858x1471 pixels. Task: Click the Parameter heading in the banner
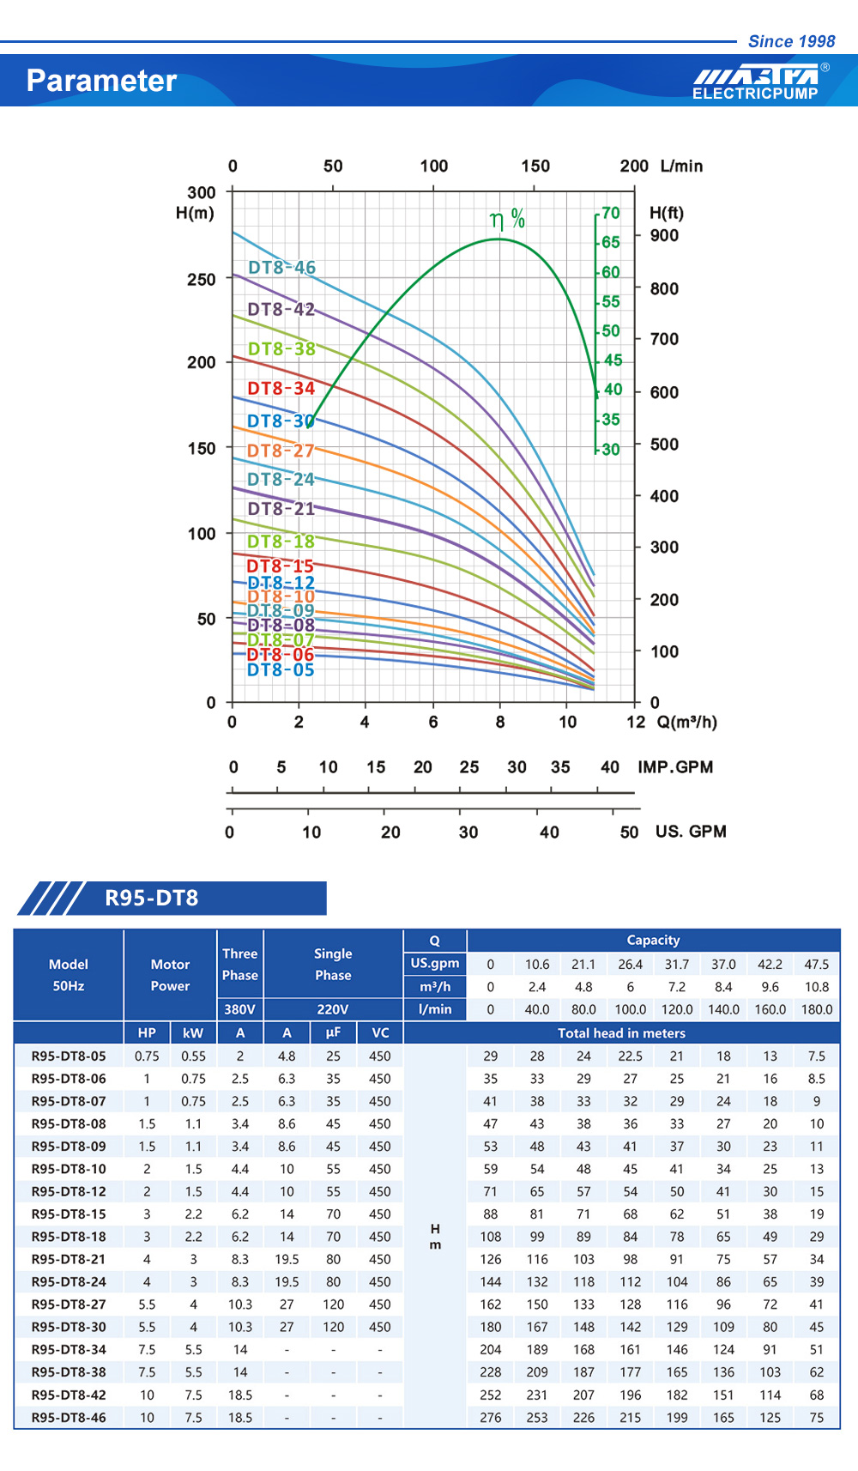click(x=101, y=81)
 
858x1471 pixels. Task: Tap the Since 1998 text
click(x=791, y=41)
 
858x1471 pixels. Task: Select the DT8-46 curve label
click(x=281, y=268)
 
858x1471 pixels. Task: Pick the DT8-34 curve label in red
click(x=281, y=389)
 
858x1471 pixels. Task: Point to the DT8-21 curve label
click(x=281, y=509)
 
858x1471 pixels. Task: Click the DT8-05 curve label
click(x=281, y=670)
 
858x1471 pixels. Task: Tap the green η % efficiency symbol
click(x=507, y=220)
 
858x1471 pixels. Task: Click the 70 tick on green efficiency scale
click(x=610, y=213)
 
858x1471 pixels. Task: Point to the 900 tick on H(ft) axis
click(x=664, y=235)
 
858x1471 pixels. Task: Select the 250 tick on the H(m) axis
click(x=202, y=280)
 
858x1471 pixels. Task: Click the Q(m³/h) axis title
click(x=686, y=722)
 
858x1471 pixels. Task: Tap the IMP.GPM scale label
click(x=675, y=767)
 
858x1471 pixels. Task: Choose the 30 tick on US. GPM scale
click(x=468, y=832)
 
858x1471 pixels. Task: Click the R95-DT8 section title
click(x=152, y=898)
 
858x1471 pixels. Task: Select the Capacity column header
click(x=653, y=940)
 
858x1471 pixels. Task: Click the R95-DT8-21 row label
click(x=69, y=1259)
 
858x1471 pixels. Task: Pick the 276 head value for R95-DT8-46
click(x=491, y=1418)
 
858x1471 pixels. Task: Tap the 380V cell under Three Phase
click(x=239, y=1009)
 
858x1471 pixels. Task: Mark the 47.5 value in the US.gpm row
click(x=816, y=964)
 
